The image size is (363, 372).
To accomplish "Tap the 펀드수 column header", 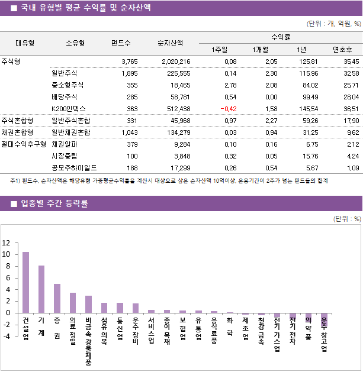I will [x=121, y=43].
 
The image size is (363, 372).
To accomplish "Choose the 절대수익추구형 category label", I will [x=24, y=144].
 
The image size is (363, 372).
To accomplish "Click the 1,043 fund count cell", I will [x=129, y=132].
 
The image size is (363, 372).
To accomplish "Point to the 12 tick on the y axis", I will [x=7, y=242].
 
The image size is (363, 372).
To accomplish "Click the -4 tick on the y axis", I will [x=7, y=336].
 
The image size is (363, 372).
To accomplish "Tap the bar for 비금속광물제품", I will [x=88, y=304].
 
